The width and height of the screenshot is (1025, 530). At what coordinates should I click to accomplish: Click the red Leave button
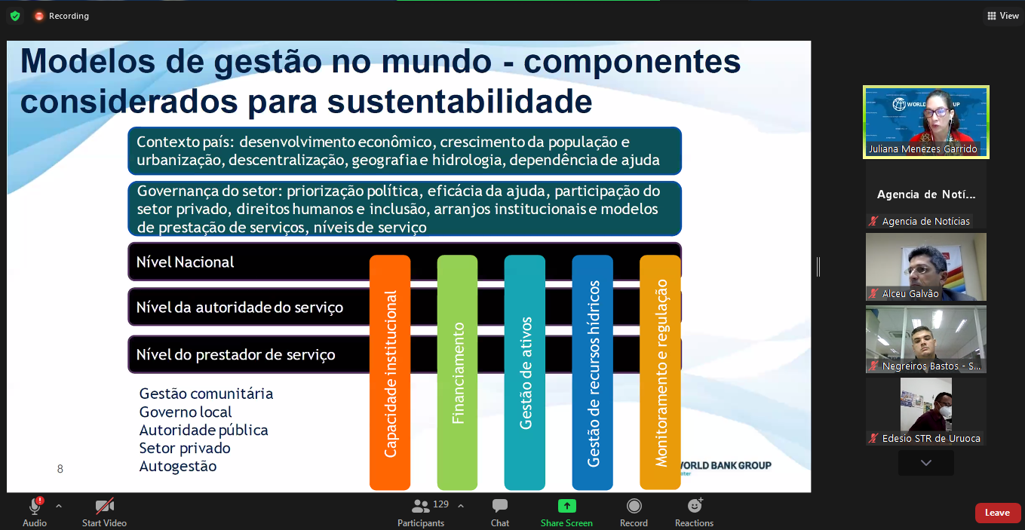pos(997,513)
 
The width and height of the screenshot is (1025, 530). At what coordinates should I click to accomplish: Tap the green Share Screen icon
pos(566,506)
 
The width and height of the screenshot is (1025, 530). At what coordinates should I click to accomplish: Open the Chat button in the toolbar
pos(500,506)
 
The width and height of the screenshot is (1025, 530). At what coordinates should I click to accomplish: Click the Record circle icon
pos(634,506)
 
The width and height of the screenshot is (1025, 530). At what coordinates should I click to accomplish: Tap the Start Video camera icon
pos(104,506)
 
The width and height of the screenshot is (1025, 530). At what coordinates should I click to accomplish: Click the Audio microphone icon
pos(35,506)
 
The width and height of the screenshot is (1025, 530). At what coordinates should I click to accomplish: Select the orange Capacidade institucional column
pos(390,372)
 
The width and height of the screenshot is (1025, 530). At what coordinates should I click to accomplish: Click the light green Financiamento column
pos(458,372)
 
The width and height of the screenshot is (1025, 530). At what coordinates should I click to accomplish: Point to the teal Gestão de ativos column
pos(525,372)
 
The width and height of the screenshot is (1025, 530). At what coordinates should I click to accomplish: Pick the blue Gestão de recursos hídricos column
pos(593,372)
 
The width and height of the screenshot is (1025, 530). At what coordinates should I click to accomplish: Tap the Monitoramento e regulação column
pos(660,372)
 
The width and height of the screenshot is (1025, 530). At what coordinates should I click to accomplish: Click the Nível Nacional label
pos(185,262)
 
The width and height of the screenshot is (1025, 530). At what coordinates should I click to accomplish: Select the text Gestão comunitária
pos(206,394)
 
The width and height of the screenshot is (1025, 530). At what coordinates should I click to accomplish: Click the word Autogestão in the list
pos(177,466)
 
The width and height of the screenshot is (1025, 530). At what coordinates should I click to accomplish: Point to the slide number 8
pos(60,469)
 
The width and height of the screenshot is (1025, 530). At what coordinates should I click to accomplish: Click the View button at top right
pos(1003,16)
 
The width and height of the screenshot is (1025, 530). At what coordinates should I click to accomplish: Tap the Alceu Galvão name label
pos(910,293)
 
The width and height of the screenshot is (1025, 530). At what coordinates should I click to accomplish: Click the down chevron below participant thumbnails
pos(925,463)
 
